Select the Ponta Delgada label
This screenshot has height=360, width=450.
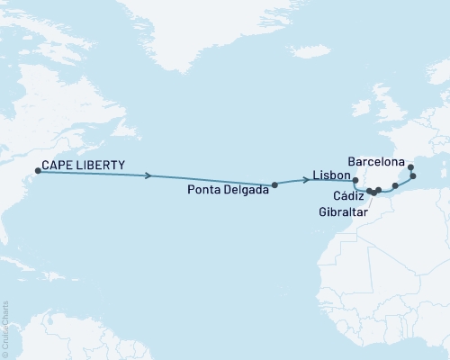coord(226,189)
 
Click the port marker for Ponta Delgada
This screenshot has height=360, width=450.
coord(274,184)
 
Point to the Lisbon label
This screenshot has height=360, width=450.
coord(330,175)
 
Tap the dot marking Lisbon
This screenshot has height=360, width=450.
coord(355,180)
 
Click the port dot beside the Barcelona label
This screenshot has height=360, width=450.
coord(410,166)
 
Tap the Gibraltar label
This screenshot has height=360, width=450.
coord(343,212)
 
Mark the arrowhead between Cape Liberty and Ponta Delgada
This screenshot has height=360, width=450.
coord(148,176)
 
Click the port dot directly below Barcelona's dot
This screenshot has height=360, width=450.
coord(413,176)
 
